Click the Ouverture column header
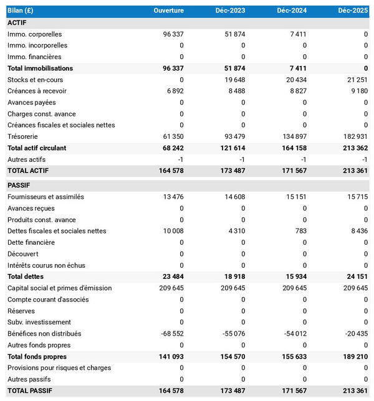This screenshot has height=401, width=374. click(x=168, y=11)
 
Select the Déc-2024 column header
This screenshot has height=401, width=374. click(x=292, y=11)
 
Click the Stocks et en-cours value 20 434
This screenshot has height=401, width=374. click(x=292, y=80)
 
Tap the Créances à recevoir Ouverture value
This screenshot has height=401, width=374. click(x=172, y=91)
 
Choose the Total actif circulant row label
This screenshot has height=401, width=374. click(x=45, y=148)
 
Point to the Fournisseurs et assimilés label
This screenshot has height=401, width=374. click(x=46, y=197)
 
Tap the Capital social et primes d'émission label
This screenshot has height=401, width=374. click(x=59, y=288)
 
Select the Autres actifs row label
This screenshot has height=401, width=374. click(x=26, y=159)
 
